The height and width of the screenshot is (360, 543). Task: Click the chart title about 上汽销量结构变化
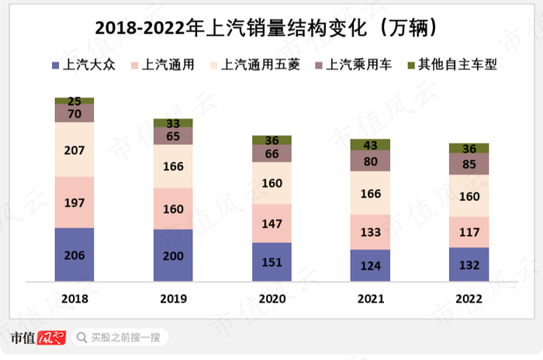[x=271, y=27]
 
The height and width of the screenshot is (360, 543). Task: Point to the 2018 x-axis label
[x=74, y=297]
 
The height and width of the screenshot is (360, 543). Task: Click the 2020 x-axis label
[x=271, y=297]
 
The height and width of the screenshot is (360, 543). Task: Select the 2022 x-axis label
[x=469, y=297]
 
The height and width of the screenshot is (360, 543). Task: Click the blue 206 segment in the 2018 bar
[x=74, y=254]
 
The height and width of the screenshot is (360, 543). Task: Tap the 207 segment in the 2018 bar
[x=74, y=150]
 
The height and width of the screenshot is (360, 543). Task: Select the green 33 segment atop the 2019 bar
[x=173, y=123]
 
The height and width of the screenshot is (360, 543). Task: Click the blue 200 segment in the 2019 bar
[x=173, y=255]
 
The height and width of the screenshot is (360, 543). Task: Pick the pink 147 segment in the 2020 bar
[x=271, y=223]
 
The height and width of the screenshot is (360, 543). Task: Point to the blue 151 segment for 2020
[x=271, y=262]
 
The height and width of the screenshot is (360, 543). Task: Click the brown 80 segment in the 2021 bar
[x=370, y=161]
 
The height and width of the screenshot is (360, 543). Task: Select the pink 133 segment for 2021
[x=370, y=232]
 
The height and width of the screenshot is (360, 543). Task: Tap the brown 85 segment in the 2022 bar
[x=469, y=164]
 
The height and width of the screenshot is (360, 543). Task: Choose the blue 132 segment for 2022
[x=469, y=265]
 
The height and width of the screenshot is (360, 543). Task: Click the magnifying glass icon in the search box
[x=81, y=337]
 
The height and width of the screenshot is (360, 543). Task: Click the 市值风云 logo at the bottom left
[x=36, y=337]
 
